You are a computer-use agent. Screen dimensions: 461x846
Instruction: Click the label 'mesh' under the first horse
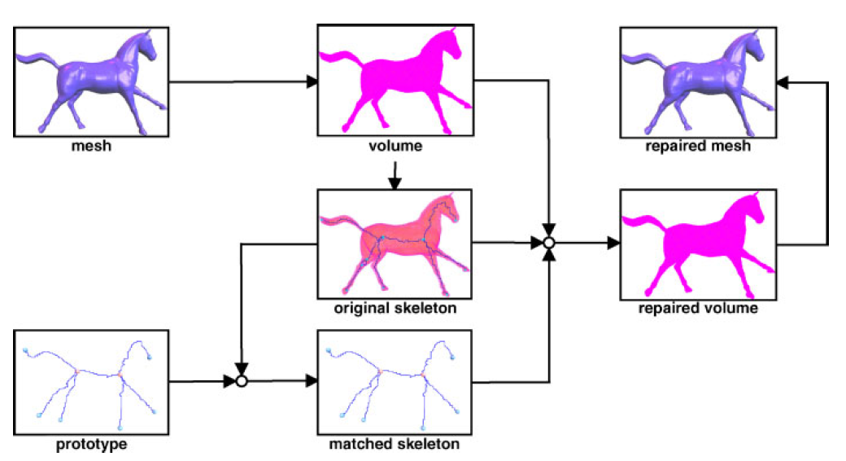click(90, 147)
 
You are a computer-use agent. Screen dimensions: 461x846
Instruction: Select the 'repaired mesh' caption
click(696, 147)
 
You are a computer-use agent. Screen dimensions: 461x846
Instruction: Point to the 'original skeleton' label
click(395, 309)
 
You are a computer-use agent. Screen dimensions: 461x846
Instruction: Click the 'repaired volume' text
click(698, 309)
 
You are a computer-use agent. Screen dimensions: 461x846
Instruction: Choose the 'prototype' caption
click(90, 445)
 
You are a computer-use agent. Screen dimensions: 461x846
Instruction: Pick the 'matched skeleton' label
click(395, 445)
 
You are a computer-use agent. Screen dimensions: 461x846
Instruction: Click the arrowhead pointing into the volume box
click(311, 81)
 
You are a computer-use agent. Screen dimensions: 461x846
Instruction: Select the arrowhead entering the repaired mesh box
click(783, 81)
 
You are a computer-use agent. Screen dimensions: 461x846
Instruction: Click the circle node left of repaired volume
click(549, 243)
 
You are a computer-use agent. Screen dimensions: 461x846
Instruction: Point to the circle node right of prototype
click(241, 380)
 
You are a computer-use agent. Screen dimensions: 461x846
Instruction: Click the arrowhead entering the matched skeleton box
click(311, 380)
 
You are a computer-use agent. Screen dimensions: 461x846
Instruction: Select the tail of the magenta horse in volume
click(338, 59)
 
